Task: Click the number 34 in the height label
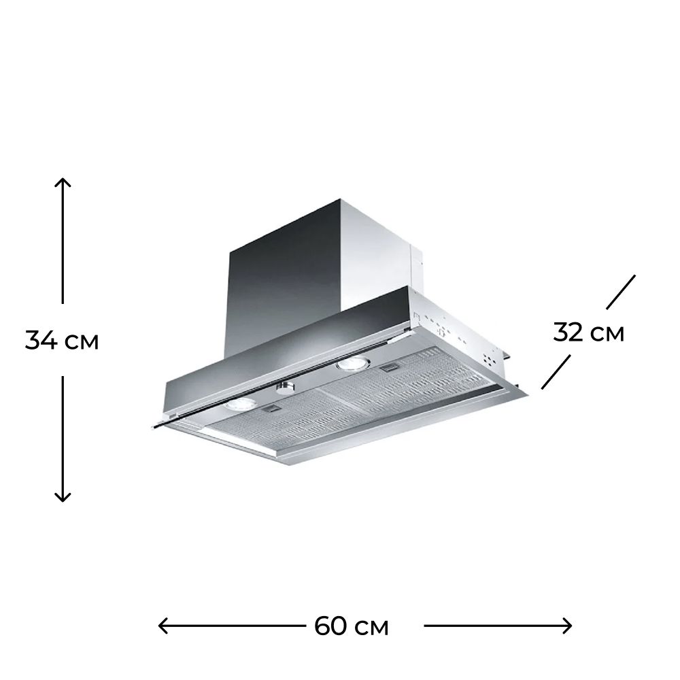click(41, 340)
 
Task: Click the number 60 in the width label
click(330, 626)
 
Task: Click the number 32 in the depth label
click(568, 333)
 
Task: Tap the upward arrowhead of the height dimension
click(63, 182)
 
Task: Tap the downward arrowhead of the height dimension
click(63, 496)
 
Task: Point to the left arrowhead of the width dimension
click(163, 626)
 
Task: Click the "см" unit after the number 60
click(371, 628)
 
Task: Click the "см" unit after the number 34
click(82, 342)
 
